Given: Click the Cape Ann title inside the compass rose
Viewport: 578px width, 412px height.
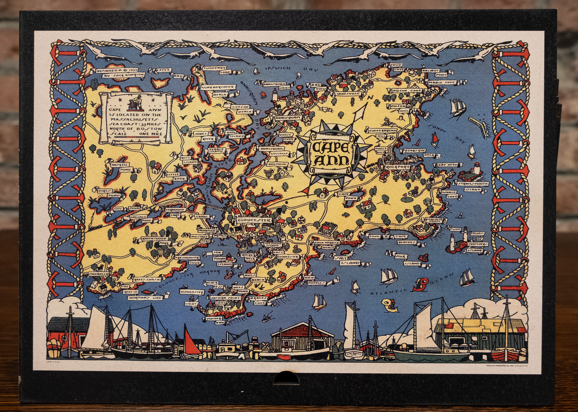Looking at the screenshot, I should [330, 153].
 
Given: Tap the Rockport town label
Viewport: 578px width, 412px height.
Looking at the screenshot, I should [398, 167].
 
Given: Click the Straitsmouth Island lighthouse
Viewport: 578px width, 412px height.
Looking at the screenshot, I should [476, 168].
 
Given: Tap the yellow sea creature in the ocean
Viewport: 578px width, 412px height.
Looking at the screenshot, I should [390, 305].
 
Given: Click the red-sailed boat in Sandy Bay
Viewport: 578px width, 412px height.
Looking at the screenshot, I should [435, 139].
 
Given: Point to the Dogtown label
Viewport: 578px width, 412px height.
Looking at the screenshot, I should [278, 164].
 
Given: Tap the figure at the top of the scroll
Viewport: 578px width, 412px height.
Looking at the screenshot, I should [136, 102].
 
